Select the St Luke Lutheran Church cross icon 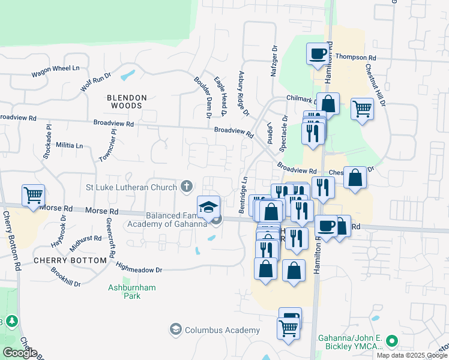coord(187,187)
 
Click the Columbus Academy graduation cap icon coord(176,329)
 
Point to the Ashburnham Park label coord(132,292)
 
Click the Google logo coord(20,353)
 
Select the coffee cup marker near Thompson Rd coord(318,54)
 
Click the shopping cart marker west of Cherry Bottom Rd coord(34,194)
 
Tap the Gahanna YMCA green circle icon coord(392,341)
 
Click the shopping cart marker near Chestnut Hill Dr coord(362,109)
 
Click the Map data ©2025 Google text coord(412,355)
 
